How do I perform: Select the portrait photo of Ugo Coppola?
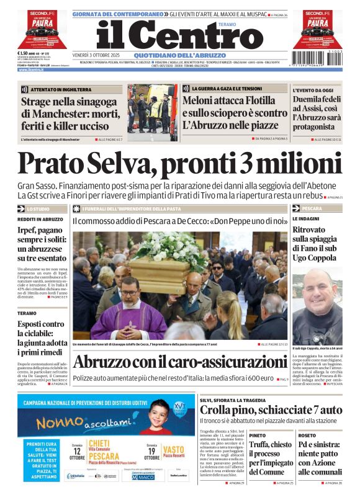317,305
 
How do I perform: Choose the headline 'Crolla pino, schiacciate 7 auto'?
270,409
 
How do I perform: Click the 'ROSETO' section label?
307,435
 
